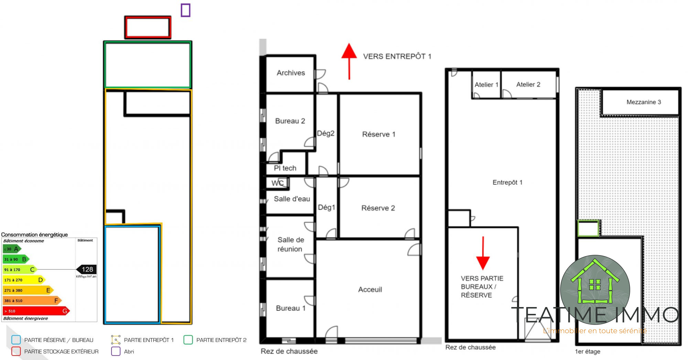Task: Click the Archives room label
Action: [291, 73]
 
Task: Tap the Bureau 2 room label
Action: [290, 121]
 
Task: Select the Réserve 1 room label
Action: [379, 134]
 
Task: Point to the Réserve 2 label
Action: [378, 208]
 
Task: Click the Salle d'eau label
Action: [292, 199]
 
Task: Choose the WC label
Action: [278, 183]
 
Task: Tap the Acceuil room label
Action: [370, 290]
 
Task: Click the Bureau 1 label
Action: [291, 308]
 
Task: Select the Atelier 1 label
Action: [486, 85]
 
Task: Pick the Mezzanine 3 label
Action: [644, 102]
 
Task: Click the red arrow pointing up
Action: [349, 61]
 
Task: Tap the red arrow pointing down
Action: [483, 253]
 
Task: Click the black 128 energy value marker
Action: [86, 269]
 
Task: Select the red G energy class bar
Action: [36, 311]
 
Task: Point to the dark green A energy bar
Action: [12, 249]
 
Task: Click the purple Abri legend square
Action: [116, 351]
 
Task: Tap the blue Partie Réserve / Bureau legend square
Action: [16, 340]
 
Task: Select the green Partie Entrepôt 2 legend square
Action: [188, 340]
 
